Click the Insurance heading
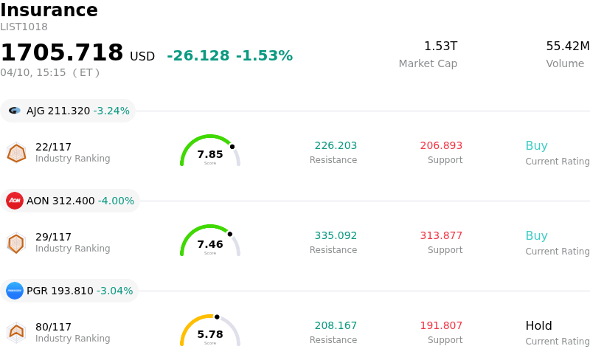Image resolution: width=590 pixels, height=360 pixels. (x=49, y=10)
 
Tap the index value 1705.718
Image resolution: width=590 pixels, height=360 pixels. (x=62, y=53)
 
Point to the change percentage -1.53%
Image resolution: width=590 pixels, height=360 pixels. (x=264, y=56)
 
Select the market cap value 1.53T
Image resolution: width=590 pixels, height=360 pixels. (x=440, y=46)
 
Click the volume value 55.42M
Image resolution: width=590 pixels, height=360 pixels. (x=567, y=46)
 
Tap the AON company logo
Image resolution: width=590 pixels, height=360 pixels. (x=15, y=201)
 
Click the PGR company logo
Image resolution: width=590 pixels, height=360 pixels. (x=15, y=291)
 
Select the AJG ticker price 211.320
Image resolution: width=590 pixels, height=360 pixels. (x=69, y=111)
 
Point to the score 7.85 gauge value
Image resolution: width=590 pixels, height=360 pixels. (x=210, y=154)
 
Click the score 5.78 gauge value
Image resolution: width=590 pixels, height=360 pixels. (x=210, y=334)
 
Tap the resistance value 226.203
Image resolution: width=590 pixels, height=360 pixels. (x=336, y=146)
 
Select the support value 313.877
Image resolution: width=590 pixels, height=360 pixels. (x=441, y=236)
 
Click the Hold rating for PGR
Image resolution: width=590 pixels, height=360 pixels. (x=538, y=326)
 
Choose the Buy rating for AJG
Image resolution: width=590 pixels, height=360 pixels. (x=536, y=146)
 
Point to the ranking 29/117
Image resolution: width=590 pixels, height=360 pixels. (x=53, y=237)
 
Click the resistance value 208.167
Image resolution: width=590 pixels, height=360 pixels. (x=336, y=326)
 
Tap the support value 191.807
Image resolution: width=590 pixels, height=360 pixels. (x=441, y=326)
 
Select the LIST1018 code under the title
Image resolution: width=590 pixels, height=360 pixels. (x=24, y=27)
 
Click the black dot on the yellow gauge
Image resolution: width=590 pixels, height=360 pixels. (x=217, y=317)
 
